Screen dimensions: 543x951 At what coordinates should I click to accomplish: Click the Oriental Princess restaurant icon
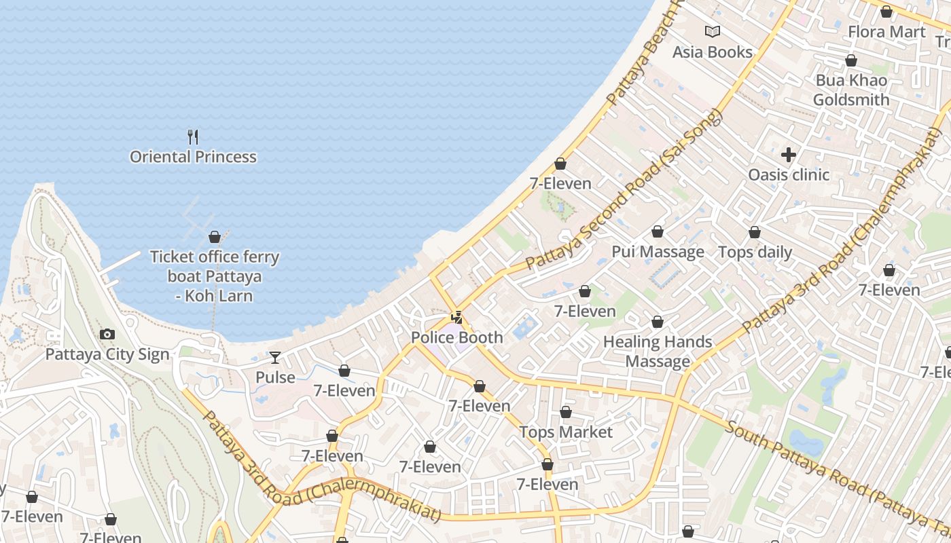tap(193, 137)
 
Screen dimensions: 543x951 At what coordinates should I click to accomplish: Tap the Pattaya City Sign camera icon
tap(107, 334)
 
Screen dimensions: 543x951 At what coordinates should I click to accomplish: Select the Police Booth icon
tap(457, 317)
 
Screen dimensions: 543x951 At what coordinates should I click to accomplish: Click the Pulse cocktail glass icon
tap(275, 357)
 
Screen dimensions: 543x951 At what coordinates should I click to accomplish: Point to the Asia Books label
tap(713, 52)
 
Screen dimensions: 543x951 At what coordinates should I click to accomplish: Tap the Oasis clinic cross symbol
tap(789, 155)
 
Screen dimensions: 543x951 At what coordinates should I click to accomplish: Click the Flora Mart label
tap(886, 32)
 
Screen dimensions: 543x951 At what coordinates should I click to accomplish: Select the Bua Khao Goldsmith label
tap(851, 90)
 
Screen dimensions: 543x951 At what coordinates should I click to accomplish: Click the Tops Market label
tap(566, 432)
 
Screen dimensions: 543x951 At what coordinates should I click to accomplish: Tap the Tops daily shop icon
tap(755, 233)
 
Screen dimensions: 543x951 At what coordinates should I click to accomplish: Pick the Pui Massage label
tap(658, 252)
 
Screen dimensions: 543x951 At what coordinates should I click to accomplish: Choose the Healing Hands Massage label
tap(658, 352)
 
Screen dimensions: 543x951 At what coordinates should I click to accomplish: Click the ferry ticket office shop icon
tap(215, 237)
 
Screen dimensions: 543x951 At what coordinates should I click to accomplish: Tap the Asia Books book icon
tap(713, 31)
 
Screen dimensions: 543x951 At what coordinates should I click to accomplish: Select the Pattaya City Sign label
tap(107, 354)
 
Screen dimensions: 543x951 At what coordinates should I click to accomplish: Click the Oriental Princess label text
tap(193, 157)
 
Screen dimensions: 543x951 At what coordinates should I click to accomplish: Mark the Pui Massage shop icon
tap(658, 232)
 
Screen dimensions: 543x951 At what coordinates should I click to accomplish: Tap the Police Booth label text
tap(457, 337)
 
